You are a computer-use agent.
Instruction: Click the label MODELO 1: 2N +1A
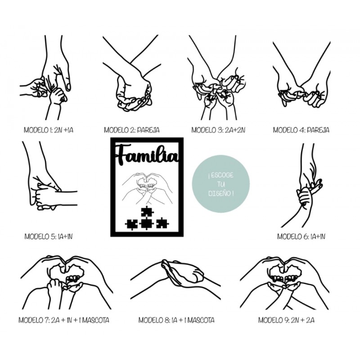click(x=49, y=130)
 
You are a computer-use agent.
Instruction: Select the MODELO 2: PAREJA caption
click(x=131, y=130)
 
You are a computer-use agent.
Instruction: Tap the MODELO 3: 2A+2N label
click(x=218, y=130)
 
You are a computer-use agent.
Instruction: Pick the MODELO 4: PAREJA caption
click(x=301, y=130)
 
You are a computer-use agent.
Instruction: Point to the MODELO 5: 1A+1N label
click(x=49, y=236)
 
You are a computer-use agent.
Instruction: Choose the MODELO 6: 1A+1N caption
click(x=301, y=236)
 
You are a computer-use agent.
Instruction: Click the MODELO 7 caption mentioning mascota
click(x=64, y=320)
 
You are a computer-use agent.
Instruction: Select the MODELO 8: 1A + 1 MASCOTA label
click(x=176, y=320)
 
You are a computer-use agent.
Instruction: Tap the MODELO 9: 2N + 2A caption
click(x=286, y=320)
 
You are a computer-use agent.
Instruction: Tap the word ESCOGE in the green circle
click(x=220, y=175)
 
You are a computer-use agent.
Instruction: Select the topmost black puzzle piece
click(x=147, y=211)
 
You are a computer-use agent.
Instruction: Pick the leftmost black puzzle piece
click(x=131, y=224)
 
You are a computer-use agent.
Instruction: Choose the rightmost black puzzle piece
click(x=162, y=223)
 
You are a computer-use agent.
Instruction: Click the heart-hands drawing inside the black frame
click(x=147, y=189)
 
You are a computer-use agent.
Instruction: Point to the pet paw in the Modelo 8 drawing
click(x=182, y=271)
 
